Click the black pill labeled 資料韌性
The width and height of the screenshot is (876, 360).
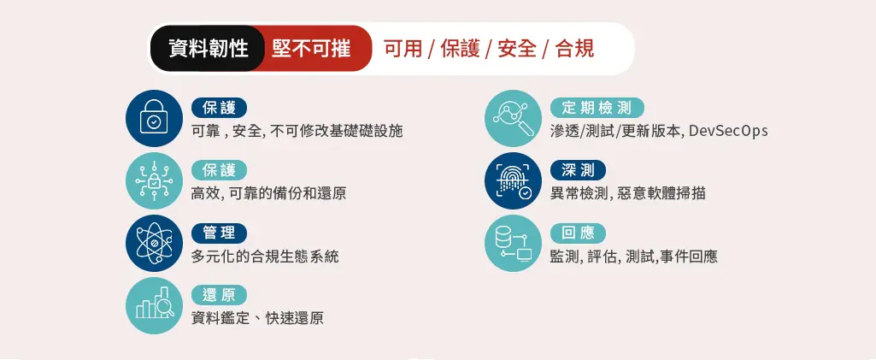point(208,49)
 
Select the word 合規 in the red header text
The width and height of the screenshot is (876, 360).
point(575,50)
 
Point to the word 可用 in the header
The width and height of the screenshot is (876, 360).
point(403,50)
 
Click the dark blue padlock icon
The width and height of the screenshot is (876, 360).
point(154,118)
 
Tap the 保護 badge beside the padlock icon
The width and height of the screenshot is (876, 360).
point(219,108)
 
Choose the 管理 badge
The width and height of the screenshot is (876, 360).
point(219,233)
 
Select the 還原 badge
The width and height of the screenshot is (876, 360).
point(219,295)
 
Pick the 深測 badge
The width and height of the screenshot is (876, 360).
point(578,170)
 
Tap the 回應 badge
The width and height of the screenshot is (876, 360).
point(578,233)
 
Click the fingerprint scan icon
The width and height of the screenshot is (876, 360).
point(513,180)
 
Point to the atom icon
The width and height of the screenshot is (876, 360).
point(154,243)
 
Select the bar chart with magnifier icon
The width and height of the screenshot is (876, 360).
point(154,306)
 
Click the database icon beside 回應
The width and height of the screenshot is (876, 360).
point(513,243)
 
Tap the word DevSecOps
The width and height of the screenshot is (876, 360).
point(728,132)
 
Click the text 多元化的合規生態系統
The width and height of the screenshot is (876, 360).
point(265,257)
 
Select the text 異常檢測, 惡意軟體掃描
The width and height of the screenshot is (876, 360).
point(627,194)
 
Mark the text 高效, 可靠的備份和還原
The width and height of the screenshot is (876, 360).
point(268,194)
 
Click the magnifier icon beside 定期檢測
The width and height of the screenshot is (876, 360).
point(513,118)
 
